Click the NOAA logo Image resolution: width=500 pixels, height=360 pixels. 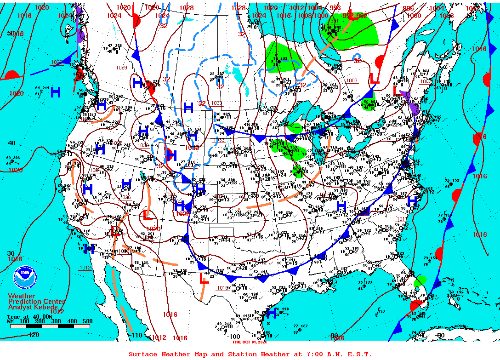click(23, 278)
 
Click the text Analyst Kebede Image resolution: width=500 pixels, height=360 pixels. click(33, 307)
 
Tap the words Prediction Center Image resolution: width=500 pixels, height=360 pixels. click(37, 302)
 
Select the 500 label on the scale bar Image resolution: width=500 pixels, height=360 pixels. click(87, 321)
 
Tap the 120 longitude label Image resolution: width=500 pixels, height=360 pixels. click(33, 335)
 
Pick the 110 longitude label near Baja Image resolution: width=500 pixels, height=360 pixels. click(136, 335)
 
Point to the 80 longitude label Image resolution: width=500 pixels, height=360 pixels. click(441, 335)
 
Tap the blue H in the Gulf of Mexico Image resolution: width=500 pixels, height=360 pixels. click(271, 313)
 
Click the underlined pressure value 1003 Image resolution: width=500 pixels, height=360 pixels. click(352, 81)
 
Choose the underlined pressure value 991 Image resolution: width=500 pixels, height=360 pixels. click(334, 21)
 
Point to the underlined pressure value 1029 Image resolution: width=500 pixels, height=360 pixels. click(121, 68)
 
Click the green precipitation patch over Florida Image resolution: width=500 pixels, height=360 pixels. click(420, 280)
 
